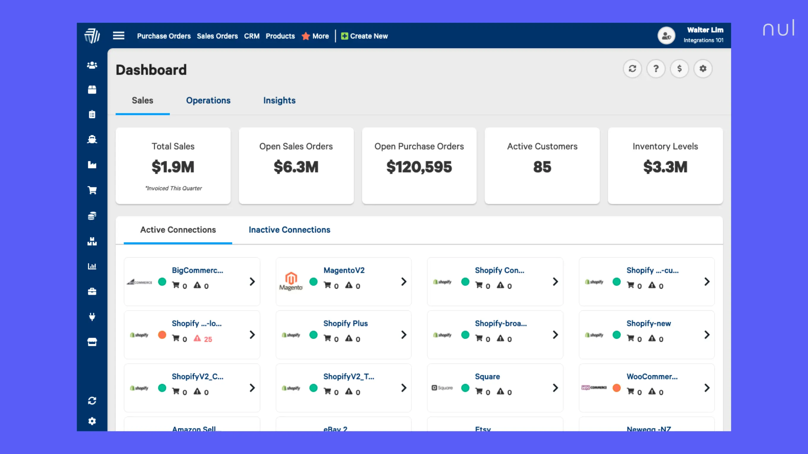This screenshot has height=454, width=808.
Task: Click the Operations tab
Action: [208, 100]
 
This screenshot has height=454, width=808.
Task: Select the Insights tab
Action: [279, 100]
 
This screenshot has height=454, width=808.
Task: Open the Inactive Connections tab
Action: [289, 230]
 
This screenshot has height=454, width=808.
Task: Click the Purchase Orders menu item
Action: [164, 36]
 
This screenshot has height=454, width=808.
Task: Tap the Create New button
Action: [364, 36]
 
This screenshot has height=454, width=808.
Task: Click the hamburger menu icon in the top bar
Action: [119, 36]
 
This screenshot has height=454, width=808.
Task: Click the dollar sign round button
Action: [679, 69]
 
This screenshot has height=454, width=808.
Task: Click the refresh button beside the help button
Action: [632, 69]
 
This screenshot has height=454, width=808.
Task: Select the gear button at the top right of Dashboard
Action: [703, 69]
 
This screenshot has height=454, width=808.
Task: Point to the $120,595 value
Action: [419, 167]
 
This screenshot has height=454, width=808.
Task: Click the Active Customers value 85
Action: [542, 167]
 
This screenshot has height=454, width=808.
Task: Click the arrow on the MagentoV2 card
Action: [404, 281]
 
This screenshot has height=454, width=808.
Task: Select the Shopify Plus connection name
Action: [345, 323]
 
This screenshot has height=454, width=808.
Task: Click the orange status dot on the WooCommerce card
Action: [616, 388]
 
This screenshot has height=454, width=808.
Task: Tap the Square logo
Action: [442, 388]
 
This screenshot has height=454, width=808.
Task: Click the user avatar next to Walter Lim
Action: [666, 36]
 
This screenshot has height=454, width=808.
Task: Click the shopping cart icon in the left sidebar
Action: [92, 190]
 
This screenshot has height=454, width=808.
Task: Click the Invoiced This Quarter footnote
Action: [173, 188]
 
